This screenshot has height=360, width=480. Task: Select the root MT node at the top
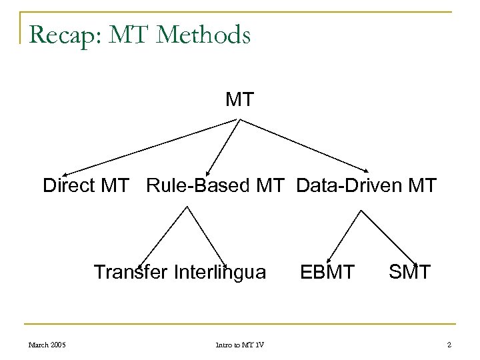pyautogui.click(x=239, y=100)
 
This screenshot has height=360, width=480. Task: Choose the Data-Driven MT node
pyautogui.click(x=366, y=185)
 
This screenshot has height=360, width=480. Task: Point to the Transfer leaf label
pyautogui.click(x=131, y=272)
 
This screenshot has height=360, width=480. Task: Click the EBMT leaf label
pyautogui.click(x=327, y=272)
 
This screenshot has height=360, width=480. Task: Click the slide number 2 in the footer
pyautogui.click(x=450, y=344)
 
